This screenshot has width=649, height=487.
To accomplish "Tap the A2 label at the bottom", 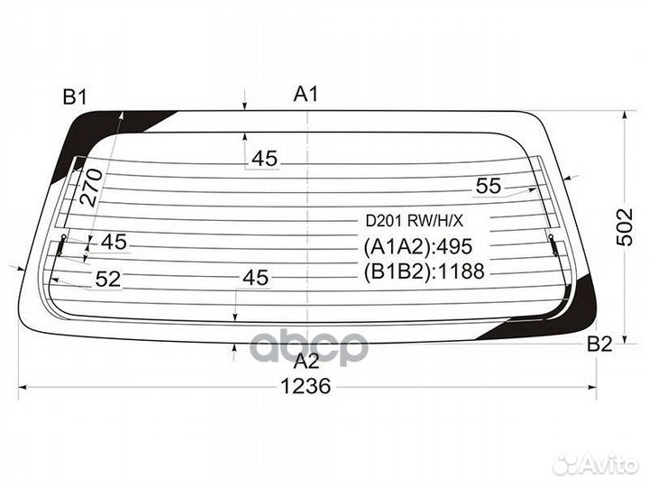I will (x=307, y=361).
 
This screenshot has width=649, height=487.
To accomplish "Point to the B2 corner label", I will (x=599, y=344).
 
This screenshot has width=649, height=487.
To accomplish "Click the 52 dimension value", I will (x=107, y=280).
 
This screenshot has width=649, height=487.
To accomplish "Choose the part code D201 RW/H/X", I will (x=413, y=219).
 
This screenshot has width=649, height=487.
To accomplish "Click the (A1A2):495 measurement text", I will (x=418, y=247).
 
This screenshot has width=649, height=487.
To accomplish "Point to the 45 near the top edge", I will (x=264, y=159).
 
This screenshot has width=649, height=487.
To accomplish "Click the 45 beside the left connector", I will (x=114, y=242).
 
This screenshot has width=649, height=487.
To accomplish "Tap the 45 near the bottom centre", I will (x=256, y=278).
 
